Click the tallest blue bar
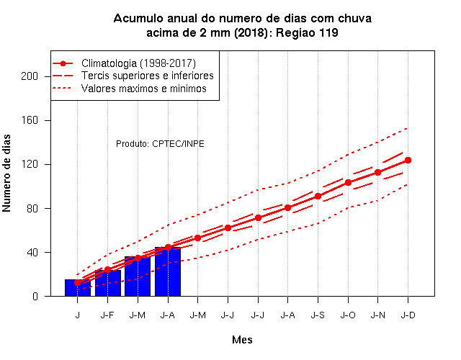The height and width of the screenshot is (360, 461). (x=168, y=271)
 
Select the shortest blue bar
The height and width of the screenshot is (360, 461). (x=78, y=288)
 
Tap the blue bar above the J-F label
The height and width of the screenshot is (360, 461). (x=108, y=283)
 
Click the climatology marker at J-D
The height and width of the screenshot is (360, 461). (x=408, y=160)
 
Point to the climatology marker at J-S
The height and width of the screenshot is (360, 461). (x=318, y=196)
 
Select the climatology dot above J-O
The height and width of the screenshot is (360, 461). (x=348, y=182)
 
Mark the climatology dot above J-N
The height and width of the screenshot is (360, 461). (x=377, y=173)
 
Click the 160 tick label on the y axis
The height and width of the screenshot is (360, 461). (x=30, y=120)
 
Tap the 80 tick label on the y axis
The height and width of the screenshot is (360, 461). (x=32, y=208)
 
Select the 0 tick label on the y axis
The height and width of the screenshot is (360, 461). (x=35, y=296)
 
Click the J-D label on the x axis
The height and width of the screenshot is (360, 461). (x=408, y=315)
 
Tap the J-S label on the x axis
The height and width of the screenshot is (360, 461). (x=318, y=315)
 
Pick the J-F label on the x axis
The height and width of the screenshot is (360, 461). (x=107, y=315)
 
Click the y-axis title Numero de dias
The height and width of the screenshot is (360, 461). (x=6, y=174)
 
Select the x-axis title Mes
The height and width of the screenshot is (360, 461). (x=242, y=340)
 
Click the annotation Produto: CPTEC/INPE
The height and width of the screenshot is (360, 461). (x=160, y=144)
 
